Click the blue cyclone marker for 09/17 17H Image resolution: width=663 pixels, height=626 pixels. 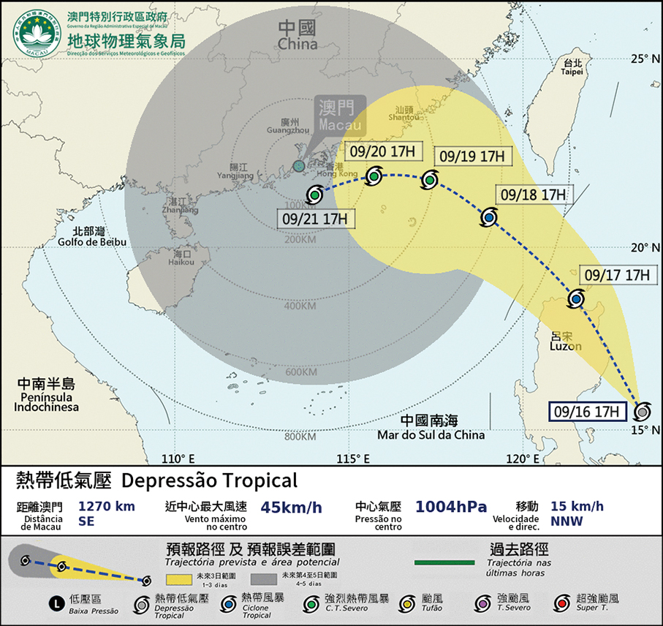(576, 298)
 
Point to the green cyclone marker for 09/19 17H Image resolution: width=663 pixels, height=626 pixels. (428, 180)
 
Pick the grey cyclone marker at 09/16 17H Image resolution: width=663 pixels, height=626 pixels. (643, 410)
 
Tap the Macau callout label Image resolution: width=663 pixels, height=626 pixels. (336, 115)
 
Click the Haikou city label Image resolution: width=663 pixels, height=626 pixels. (181, 257)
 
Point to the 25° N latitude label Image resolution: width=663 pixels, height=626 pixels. (646, 58)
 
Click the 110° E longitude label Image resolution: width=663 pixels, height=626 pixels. (178, 459)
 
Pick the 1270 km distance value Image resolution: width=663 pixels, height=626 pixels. (107, 506)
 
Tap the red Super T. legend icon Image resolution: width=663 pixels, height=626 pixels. (561, 603)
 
